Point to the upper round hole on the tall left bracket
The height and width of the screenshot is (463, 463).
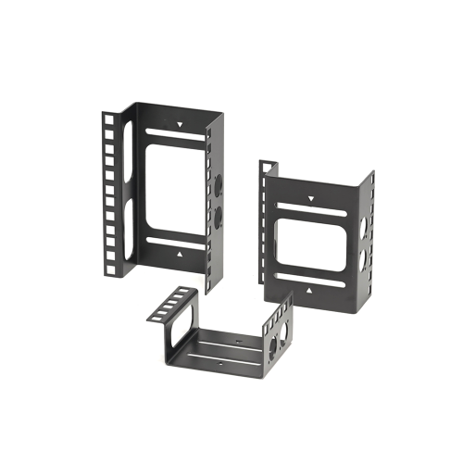coord(220,185)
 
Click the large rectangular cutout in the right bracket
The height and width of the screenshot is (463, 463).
coord(315,242)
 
